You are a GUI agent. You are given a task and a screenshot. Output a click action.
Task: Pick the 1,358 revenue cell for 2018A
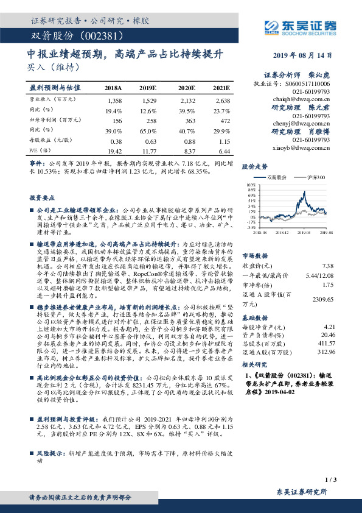(114, 99)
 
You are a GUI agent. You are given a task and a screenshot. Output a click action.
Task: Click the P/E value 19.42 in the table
(114, 149)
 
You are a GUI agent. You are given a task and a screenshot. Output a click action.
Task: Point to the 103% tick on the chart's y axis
(250, 184)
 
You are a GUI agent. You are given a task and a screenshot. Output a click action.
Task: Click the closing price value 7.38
(328, 266)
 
